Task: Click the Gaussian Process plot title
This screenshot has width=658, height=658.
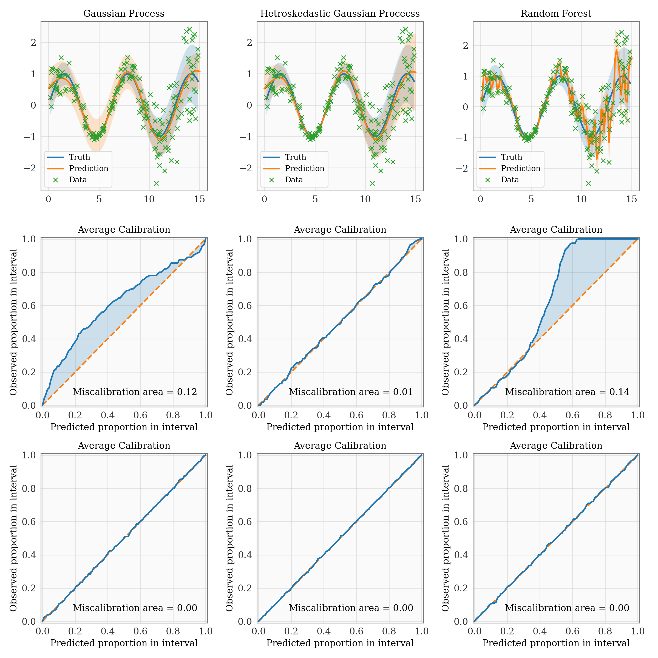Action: point(124,14)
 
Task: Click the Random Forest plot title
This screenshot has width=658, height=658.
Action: point(556,14)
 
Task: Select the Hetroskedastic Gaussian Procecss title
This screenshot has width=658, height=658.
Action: point(340,14)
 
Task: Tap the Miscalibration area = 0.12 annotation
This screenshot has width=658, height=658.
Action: point(135,392)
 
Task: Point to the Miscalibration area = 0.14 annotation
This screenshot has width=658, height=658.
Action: point(567,392)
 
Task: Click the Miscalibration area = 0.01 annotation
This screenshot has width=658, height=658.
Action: point(351,392)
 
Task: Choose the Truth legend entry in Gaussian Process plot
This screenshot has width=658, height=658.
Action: point(79,157)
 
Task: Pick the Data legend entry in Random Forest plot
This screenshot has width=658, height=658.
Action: point(510,180)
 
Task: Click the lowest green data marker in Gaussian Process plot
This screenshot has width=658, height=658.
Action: point(156,183)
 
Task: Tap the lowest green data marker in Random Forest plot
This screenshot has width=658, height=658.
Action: point(588,183)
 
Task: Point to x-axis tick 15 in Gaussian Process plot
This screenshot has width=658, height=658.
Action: point(200,200)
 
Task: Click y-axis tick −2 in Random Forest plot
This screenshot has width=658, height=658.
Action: point(461,168)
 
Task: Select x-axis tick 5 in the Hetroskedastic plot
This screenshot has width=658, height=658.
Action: point(315,200)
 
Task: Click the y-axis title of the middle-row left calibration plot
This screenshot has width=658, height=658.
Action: point(14,322)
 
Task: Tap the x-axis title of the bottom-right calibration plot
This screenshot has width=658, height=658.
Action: point(556,643)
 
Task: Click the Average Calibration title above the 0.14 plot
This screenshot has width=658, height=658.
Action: point(556,230)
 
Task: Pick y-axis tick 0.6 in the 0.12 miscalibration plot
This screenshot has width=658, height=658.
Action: point(29,306)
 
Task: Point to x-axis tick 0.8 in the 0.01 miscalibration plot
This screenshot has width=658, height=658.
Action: point(389,415)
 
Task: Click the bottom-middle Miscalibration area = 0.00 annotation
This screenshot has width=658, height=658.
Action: point(351,608)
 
